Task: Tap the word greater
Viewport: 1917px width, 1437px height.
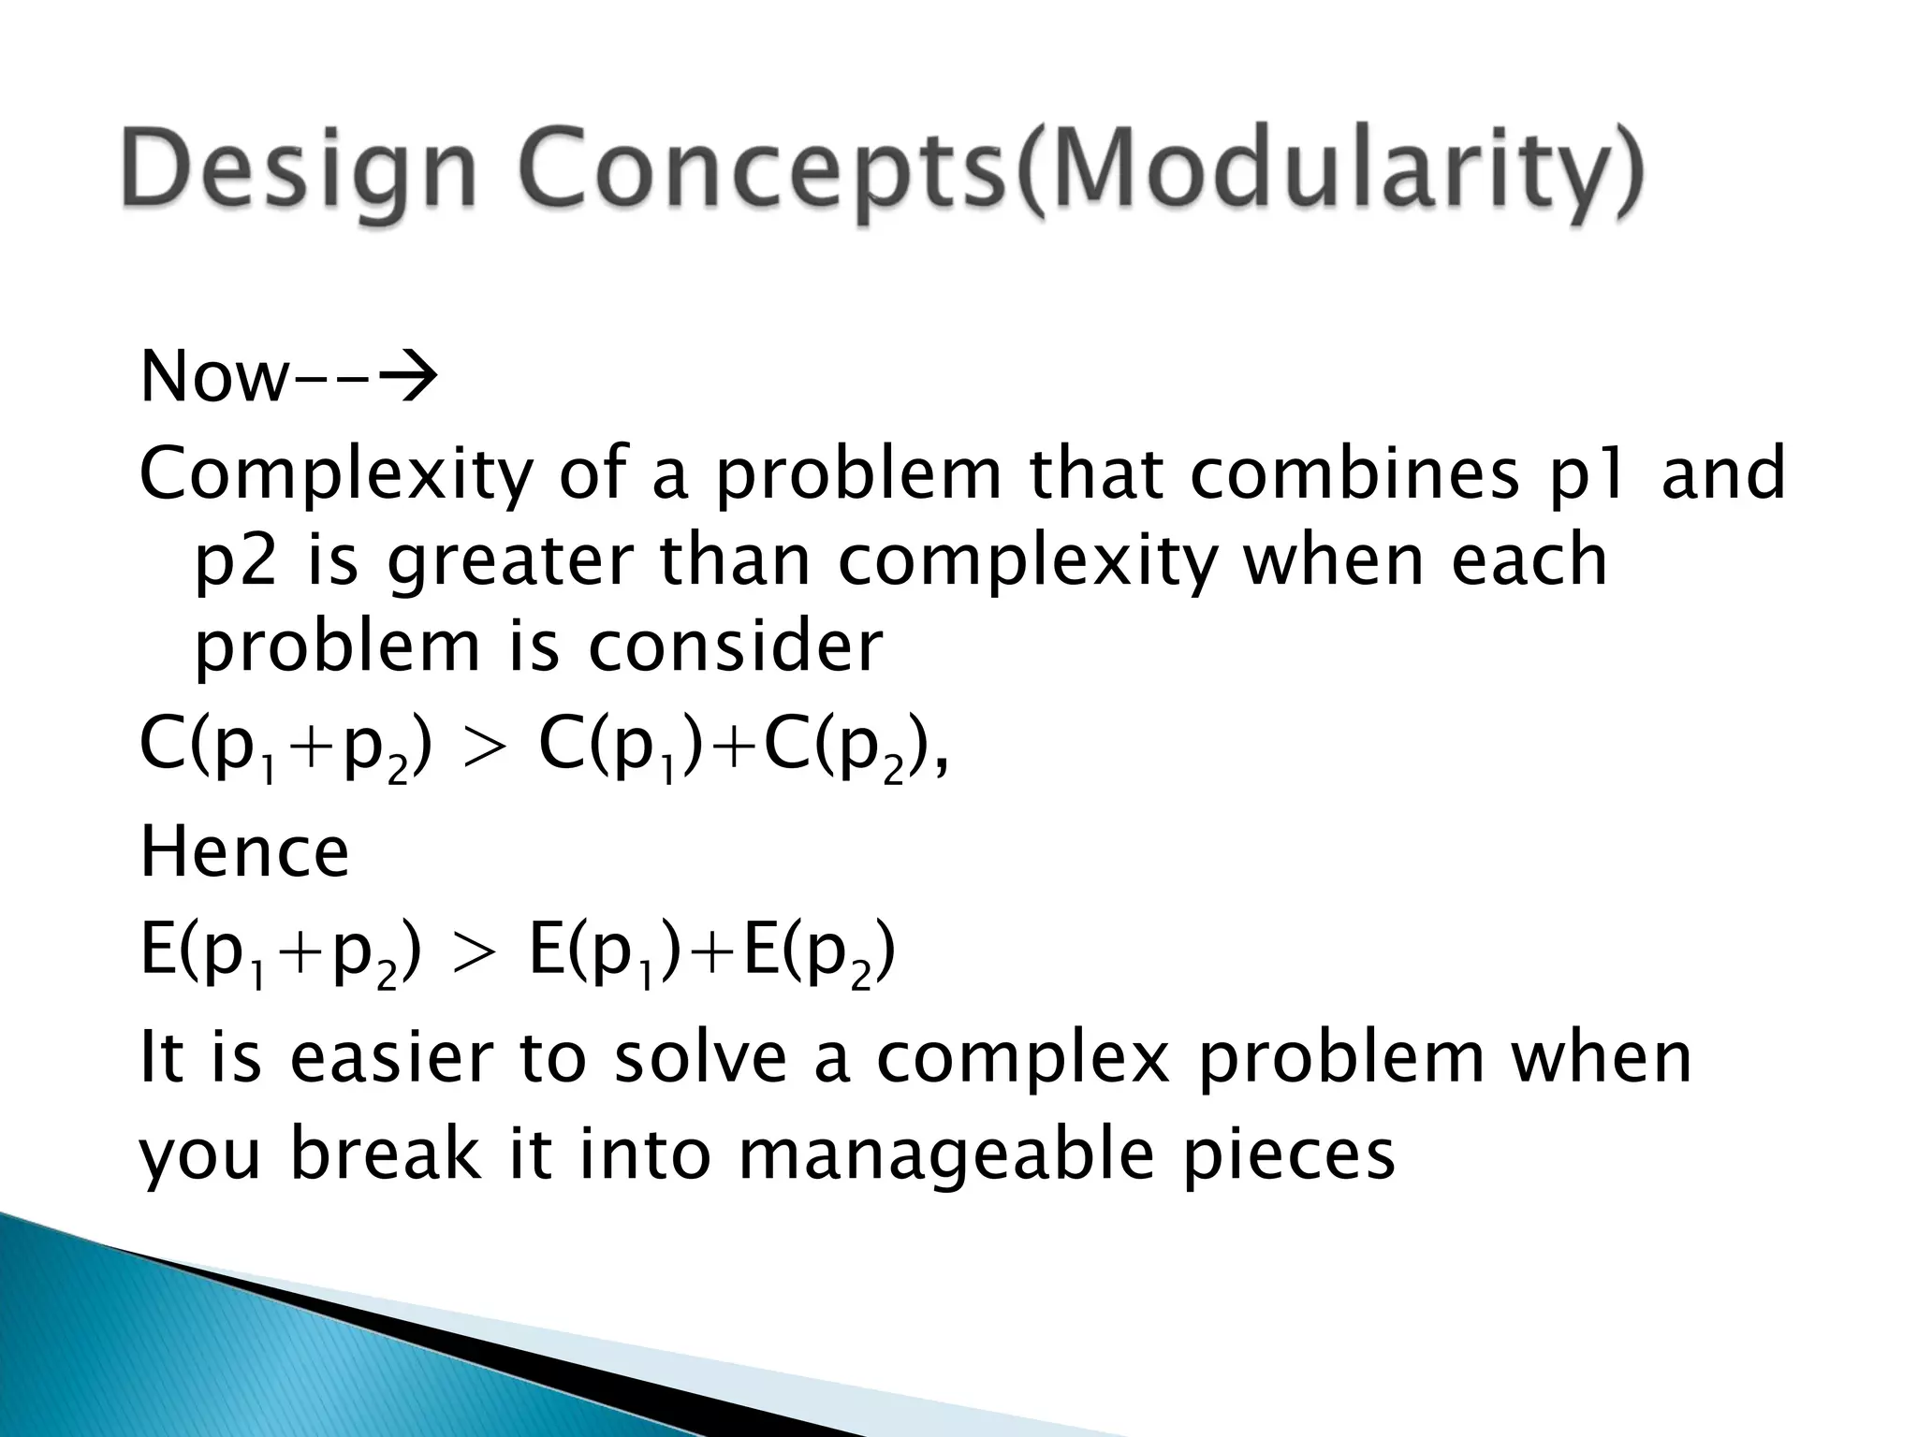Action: click(509, 562)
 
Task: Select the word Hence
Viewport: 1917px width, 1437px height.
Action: click(244, 852)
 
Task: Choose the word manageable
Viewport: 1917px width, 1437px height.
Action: click(945, 1156)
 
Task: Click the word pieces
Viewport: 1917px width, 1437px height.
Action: click(1288, 1156)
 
